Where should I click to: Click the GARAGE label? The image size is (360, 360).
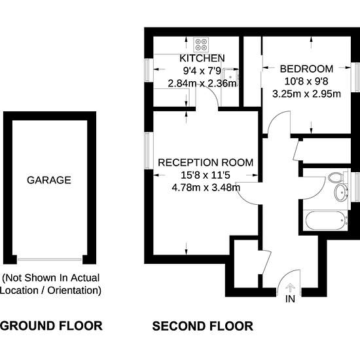(x=49, y=180)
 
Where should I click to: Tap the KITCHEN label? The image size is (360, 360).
(x=202, y=58)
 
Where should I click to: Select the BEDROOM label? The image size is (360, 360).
(x=306, y=69)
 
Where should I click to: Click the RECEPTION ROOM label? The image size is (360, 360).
(x=206, y=162)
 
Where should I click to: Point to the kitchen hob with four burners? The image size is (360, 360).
(x=201, y=45)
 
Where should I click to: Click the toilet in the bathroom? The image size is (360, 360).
(x=336, y=177)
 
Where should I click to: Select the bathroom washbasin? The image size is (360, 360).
(x=341, y=192)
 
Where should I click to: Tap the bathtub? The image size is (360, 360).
(x=325, y=220)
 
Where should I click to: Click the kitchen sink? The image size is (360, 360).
(x=230, y=77)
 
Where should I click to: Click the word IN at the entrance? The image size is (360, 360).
(x=290, y=299)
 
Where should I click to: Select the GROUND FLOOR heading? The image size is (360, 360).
(x=51, y=326)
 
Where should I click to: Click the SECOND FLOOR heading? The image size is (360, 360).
(x=203, y=326)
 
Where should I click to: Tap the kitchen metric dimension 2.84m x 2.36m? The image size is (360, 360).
(x=202, y=83)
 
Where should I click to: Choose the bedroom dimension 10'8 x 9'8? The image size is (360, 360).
(x=306, y=81)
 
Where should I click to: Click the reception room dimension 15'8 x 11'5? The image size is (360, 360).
(x=206, y=175)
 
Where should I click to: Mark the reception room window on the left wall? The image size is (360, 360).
(x=149, y=151)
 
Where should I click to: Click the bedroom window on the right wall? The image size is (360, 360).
(x=355, y=77)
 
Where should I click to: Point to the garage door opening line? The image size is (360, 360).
(x=50, y=259)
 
